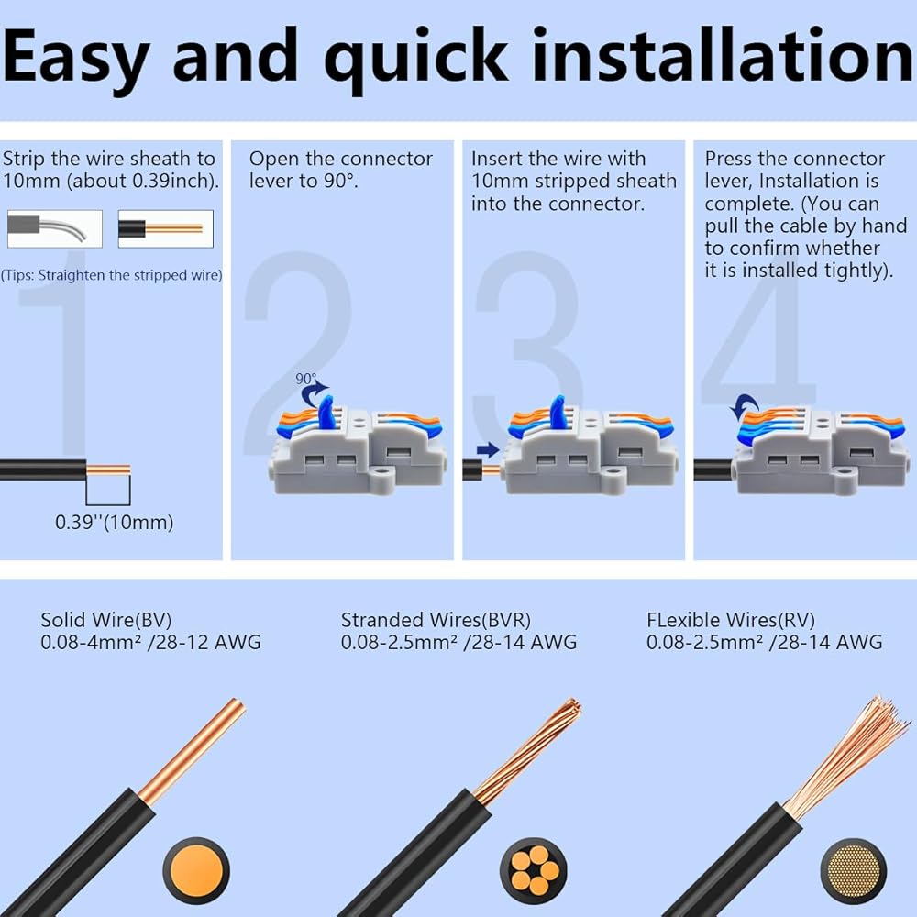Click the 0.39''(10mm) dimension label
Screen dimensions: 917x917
click(114, 523)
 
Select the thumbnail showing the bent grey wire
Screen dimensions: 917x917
click(55, 228)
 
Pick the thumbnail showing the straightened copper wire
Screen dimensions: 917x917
click(165, 228)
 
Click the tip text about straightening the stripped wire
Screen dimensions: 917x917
click(111, 275)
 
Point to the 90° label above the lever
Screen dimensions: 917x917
click(306, 379)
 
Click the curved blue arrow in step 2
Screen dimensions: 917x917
click(313, 393)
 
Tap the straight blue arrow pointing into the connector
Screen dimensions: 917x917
click(488, 449)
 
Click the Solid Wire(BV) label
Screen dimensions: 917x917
click(105, 620)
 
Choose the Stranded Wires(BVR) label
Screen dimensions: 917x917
click(436, 620)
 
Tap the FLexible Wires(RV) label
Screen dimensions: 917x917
click(731, 620)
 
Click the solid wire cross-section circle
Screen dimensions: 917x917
click(196, 871)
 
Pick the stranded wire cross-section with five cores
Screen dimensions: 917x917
click(534, 871)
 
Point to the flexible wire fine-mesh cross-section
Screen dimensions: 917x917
click(853, 871)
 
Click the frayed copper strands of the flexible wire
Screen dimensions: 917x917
click(848, 755)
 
